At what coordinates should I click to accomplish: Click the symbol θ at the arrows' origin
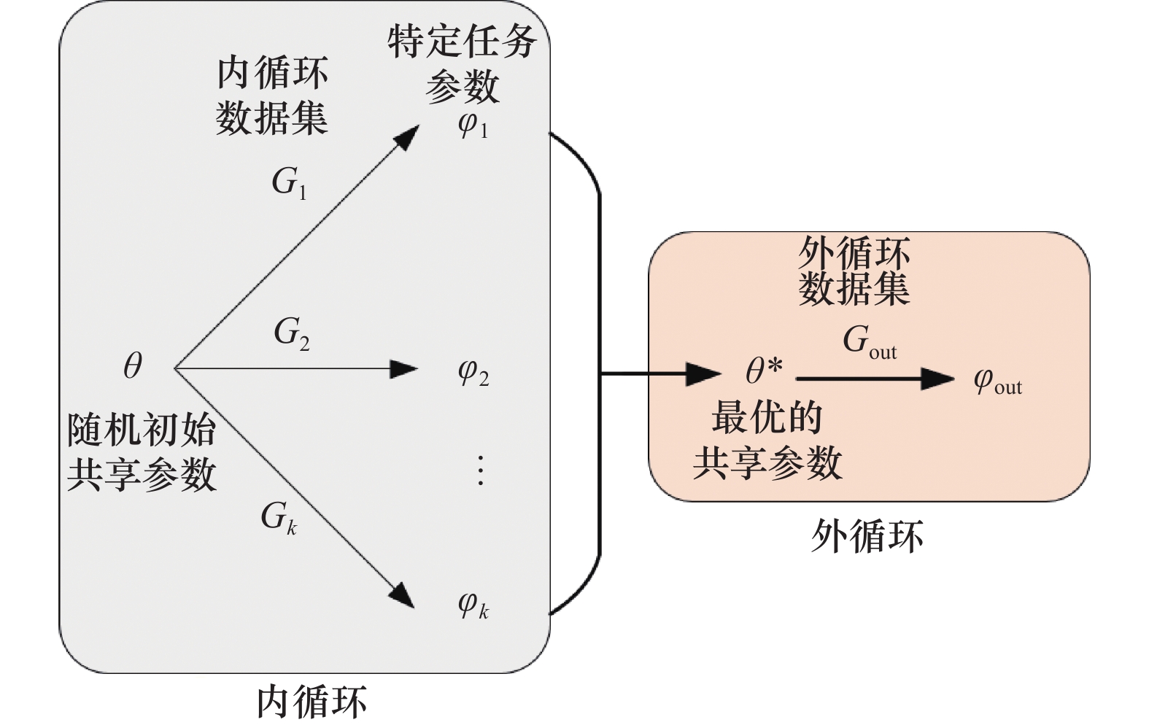click(132, 365)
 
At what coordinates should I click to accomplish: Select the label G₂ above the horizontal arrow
click(291, 334)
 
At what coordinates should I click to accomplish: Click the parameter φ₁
click(473, 125)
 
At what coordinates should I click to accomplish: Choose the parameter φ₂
click(473, 373)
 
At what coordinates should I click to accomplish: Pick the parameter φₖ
click(473, 605)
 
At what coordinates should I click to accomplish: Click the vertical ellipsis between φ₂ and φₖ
click(480, 470)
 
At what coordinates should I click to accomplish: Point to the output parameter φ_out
click(997, 381)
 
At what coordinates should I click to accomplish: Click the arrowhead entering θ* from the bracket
click(704, 375)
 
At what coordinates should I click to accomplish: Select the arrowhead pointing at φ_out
click(938, 379)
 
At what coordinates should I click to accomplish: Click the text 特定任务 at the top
click(462, 42)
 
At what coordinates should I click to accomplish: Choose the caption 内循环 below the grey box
click(312, 702)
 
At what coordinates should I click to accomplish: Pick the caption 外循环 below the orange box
click(867, 537)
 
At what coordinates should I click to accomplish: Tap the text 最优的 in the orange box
click(767, 418)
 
